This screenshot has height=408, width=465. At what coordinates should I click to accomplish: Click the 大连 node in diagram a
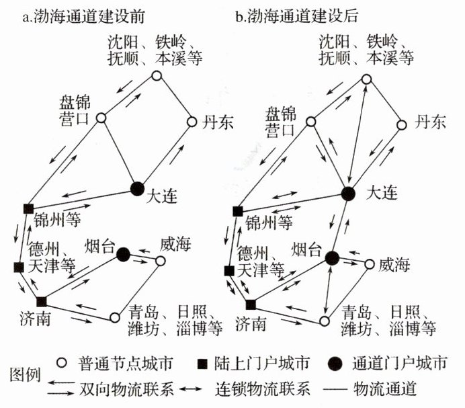pyautogui.click(x=136, y=188)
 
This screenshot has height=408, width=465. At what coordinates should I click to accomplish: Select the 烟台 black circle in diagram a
pyautogui.click(x=123, y=254)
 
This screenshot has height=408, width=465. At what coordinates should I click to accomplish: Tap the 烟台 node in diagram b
pyautogui.click(x=331, y=257)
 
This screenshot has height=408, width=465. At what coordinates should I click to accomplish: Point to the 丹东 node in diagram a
pyautogui.click(x=191, y=122)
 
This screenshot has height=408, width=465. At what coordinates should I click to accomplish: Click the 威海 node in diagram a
pyautogui.click(x=161, y=260)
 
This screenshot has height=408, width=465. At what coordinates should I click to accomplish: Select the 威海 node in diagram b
pyautogui.click(x=369, y=264)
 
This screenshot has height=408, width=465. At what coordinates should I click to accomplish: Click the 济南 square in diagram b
pyautogui.click(x=250, y=304)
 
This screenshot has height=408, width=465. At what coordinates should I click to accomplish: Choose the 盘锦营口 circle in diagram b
pyautogui.click(x=312, y=122)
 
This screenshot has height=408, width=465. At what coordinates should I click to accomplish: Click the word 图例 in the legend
pyautogui.click(x=21, y=375)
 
